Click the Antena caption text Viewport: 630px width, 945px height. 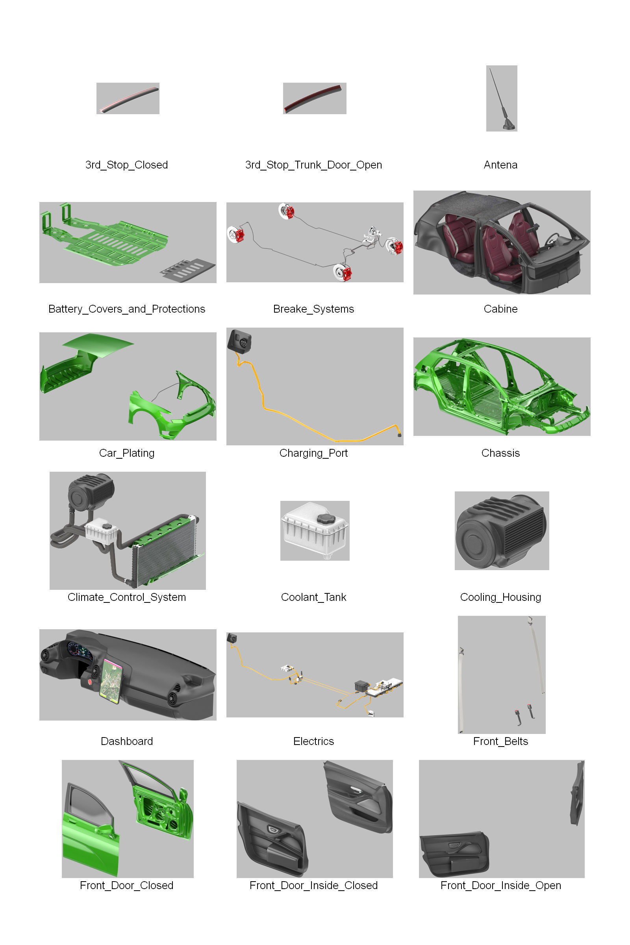500,165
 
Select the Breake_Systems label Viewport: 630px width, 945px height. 313,309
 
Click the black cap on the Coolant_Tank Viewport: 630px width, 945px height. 326,518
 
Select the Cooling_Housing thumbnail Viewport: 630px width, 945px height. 501,530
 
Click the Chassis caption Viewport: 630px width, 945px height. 500,453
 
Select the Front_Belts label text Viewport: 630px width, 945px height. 500,741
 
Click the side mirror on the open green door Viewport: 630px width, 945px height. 183,794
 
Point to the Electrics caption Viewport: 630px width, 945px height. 313,741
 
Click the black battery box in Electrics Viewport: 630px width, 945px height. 361,686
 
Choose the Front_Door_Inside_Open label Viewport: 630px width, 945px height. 500,886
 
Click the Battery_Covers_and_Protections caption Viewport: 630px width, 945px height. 126,309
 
